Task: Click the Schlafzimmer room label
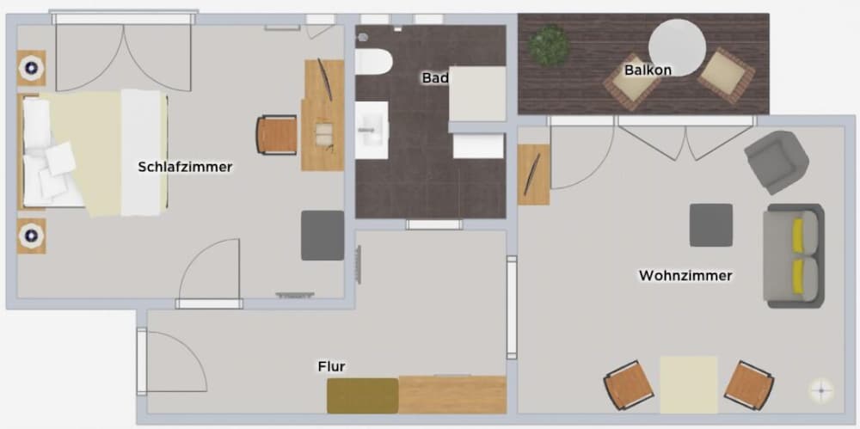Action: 185,167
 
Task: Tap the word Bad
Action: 434,77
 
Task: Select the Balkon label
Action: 648,70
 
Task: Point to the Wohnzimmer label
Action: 685,275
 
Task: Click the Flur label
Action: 331,366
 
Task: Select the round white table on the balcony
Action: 677,47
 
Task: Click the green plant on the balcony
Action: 548,45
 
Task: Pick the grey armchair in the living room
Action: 776,160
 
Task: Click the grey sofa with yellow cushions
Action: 794,255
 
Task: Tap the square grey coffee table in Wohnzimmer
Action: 710,225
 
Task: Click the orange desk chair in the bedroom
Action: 277,135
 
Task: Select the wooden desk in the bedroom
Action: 322,115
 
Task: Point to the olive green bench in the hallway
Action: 362,395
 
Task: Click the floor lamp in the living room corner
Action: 820,390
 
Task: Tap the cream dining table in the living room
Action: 688,384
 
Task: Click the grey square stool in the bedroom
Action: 322,235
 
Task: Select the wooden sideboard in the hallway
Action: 451,395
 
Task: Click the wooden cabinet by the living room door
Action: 533,175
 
